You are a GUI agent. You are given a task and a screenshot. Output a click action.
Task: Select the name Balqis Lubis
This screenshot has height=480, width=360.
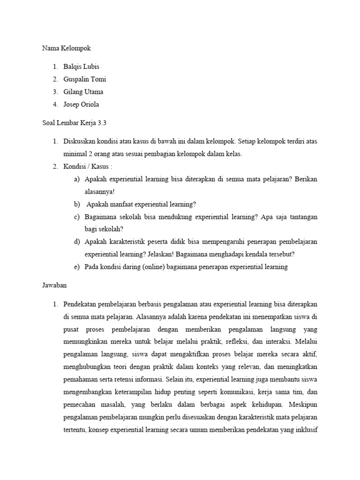[x=81, y=67]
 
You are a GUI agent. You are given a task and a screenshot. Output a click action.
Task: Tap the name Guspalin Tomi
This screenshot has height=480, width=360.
[x=85, y=79]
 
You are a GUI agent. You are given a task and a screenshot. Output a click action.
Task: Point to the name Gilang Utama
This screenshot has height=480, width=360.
[x=83, y=92]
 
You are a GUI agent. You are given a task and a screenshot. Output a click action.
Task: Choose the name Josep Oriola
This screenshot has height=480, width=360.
[x=81, y=104]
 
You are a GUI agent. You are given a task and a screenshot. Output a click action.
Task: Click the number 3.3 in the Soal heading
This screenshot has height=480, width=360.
[x=103, y=123]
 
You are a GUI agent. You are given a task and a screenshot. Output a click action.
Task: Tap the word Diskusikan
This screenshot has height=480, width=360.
[x=80, y=141]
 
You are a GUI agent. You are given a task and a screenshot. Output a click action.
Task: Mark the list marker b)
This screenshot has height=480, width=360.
[x=76, y=204]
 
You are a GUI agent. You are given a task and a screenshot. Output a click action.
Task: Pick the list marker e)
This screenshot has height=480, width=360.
[x=76, y=267]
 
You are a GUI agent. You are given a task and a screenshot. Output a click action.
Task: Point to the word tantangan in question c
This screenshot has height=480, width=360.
[x=300, y=217]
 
